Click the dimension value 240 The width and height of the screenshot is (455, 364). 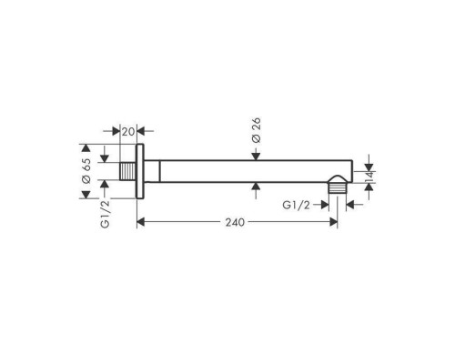pos(235,222)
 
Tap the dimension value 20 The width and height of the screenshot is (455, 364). pos(127,132)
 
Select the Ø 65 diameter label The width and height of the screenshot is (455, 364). pos(86,171)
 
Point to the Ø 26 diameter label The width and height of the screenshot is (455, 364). pos(257,130)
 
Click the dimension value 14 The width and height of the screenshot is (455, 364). pos(369,177)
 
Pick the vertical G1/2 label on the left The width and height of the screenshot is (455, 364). pos(105,214)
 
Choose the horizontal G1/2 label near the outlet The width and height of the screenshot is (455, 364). pos(296,206)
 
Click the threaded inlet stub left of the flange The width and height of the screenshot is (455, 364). pos(127,171)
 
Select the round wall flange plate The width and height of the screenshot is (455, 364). pos(140,171)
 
